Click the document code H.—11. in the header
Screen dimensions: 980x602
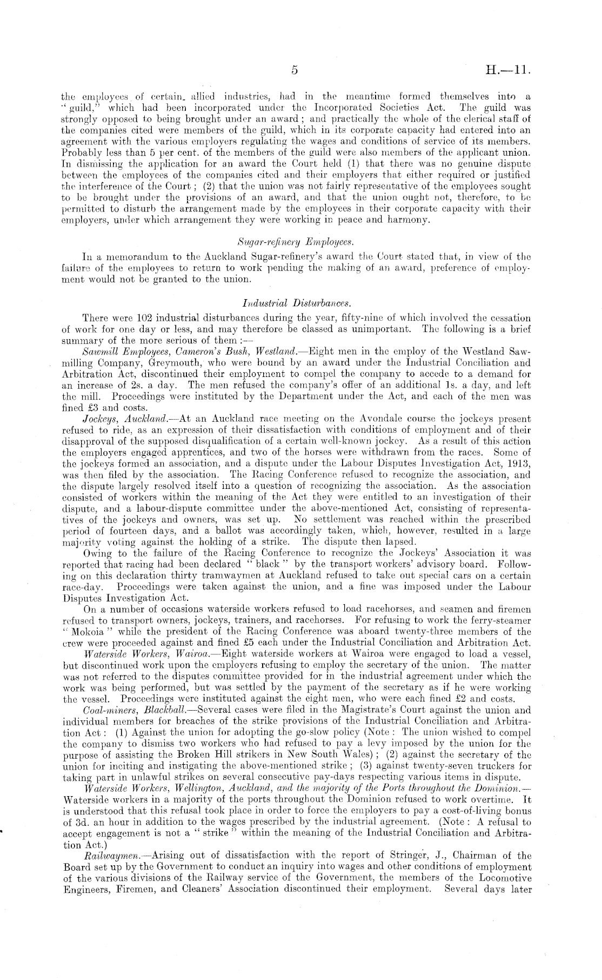[509, 70]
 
